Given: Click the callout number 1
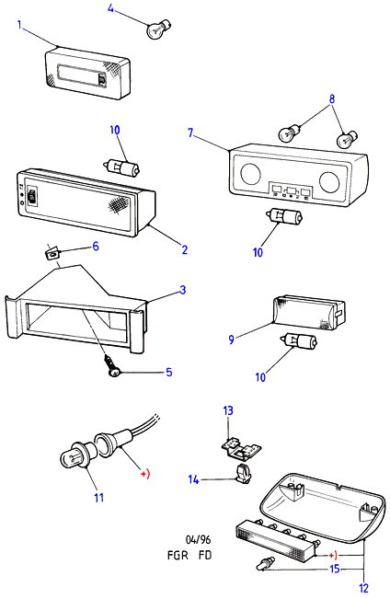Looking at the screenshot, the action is (19, 25).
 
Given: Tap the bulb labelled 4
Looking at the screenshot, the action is (158, 29).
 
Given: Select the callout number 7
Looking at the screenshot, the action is (190, 132).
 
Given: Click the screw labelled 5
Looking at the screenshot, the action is (112, 364).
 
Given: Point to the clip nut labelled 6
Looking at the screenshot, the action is (52, 253).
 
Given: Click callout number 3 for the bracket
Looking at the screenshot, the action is (183, 290).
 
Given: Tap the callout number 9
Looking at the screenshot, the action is (231, 340).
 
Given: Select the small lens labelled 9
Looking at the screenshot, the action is (309, 312).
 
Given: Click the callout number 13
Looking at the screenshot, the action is (228, 410).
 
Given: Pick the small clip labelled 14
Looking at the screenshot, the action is (242, 473).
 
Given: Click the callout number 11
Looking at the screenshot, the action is (99, 498).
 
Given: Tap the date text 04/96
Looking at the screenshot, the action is (198, 539).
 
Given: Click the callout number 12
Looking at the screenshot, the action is (363, 588).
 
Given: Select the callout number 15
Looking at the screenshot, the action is (335, 569).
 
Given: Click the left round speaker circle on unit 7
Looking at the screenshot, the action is (250, 173).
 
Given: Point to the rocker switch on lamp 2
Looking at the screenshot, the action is (32, 196).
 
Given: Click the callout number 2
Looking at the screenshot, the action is (185, 250).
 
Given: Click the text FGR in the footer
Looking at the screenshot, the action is (178, 555).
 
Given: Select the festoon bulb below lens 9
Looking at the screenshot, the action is (299, 341).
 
